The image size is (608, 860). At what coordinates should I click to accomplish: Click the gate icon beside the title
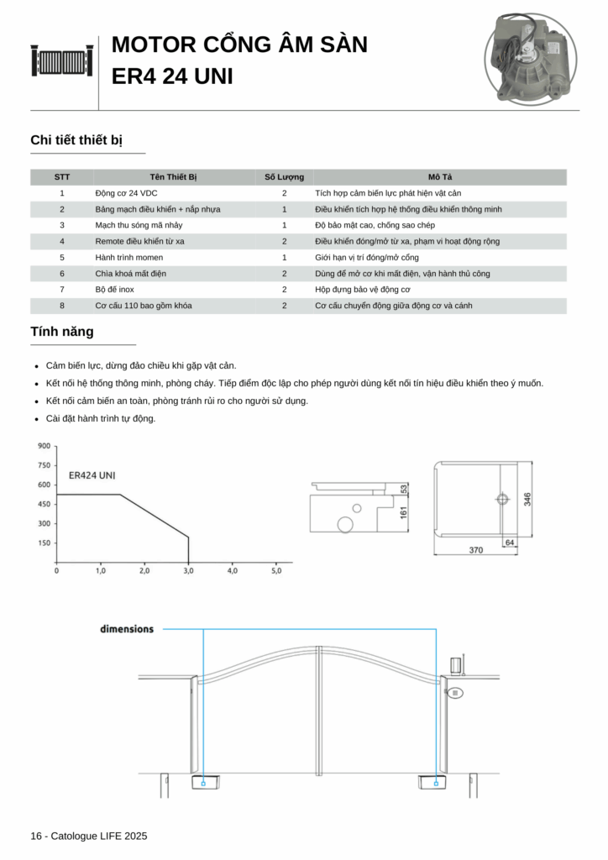click(x=62, y=60)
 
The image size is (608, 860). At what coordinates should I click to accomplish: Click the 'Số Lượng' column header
click(x=284, y=177)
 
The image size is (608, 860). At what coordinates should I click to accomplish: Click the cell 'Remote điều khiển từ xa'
click(x=139, y=241)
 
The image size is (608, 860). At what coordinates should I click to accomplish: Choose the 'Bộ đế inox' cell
click(x=116, y=290)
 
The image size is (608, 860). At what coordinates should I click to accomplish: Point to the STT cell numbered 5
click(x=62, y=257)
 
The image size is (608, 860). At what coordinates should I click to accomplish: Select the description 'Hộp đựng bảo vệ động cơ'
click(x=363, y=290)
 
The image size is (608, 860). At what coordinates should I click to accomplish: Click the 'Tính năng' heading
click(x=62, y=332)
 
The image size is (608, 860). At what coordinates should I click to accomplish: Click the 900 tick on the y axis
click(x=44, y=446)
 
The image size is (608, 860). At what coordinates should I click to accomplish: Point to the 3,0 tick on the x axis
click(x=188, y=571)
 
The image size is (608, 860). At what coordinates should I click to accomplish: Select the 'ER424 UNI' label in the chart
click(x=92, y=475)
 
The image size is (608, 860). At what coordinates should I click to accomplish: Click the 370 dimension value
click(x=476, y=551)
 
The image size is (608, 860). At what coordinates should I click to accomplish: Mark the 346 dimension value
click(x=527, y=499)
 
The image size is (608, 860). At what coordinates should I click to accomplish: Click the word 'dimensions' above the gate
click(x=127, y=629)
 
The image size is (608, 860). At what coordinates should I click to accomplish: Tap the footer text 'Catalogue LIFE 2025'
click(x=98, y=836)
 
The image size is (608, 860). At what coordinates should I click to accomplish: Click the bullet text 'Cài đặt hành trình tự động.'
click(x=101, y=418)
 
